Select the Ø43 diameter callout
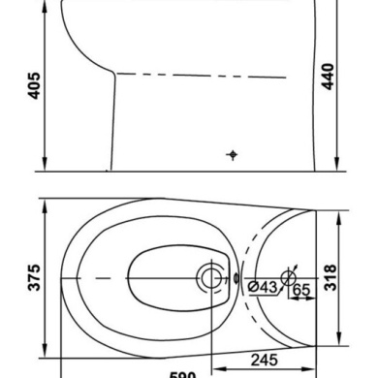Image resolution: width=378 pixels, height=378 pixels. [262, 287]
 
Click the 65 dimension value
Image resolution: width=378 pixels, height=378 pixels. [300, 287]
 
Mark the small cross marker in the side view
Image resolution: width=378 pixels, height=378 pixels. [232, 155]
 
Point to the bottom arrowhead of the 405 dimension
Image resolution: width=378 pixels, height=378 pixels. [47, 164]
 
